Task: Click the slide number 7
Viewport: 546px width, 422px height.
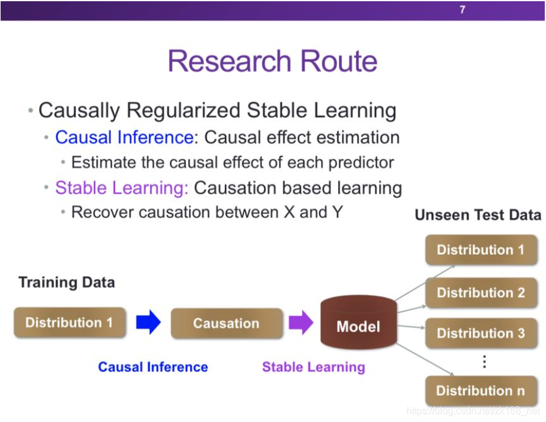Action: (x=462, y=10)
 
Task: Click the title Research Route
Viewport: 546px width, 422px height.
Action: (x=272, y=62)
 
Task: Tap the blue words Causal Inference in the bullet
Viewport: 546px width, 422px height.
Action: (x=124, y=137)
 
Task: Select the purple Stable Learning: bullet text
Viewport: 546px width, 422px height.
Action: (x=122, y=188)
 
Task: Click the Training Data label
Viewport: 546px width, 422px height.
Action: (x=66, y=282)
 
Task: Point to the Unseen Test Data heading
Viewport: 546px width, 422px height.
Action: (x=478, y=215)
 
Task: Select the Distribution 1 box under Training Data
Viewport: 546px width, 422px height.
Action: (x=69, y=323)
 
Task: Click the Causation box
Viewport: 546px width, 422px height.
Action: (x=226, y=323)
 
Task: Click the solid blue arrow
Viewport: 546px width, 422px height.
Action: (x=148, y=323)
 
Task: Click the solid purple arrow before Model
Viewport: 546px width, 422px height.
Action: (x=300, y=323)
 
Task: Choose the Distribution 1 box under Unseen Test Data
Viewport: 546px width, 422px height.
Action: (x=481, y=249)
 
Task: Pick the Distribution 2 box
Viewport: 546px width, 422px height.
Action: (x=481, y=292)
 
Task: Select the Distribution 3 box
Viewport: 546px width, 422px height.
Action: (x=481, y=333)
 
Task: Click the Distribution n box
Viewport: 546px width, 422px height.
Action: (x=481, y=391)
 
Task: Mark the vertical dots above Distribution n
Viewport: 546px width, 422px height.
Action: (x=484, y=362)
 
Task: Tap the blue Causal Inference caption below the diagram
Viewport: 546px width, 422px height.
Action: (x=153, y=367)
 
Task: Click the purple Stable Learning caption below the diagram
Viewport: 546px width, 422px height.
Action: (x=313, y=367)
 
